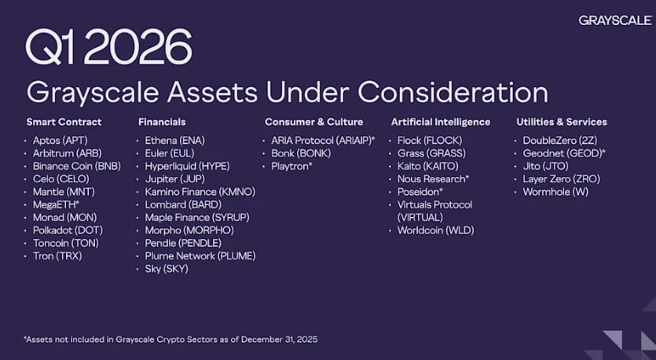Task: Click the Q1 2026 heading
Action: click(108, 48)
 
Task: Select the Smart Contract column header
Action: click(64, 122)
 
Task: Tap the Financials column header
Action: click(162, 122)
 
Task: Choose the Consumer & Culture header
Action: click(314, 122)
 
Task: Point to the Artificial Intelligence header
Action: click(441, 122)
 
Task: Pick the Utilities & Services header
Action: click(562, 122)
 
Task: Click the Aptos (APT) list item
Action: click(60, 140)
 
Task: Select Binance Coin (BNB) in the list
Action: click(76, 166)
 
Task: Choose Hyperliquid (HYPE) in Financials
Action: click(187, 166)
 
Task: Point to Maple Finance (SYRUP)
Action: click(191, 217)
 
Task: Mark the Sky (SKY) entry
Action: click(166, 269)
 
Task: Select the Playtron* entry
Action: click(292, 166)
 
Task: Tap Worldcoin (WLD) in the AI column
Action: click(435, 230)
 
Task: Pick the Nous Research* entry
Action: click(433, 178)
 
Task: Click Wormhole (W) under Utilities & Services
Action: click(555, 192)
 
